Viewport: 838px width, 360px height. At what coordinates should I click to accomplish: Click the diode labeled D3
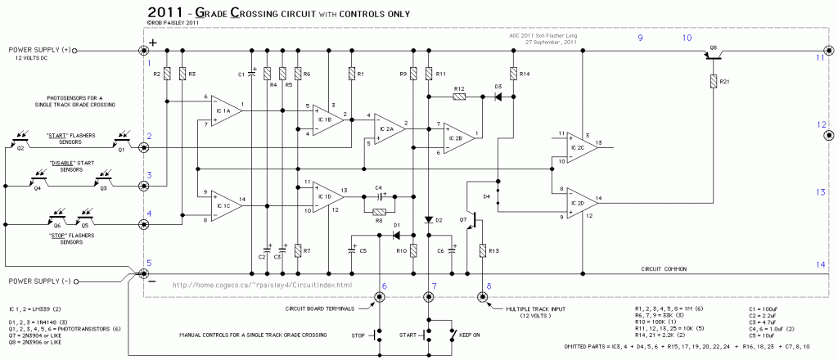pos(497,97)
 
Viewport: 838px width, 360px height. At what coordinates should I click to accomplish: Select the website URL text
pos(263,285)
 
